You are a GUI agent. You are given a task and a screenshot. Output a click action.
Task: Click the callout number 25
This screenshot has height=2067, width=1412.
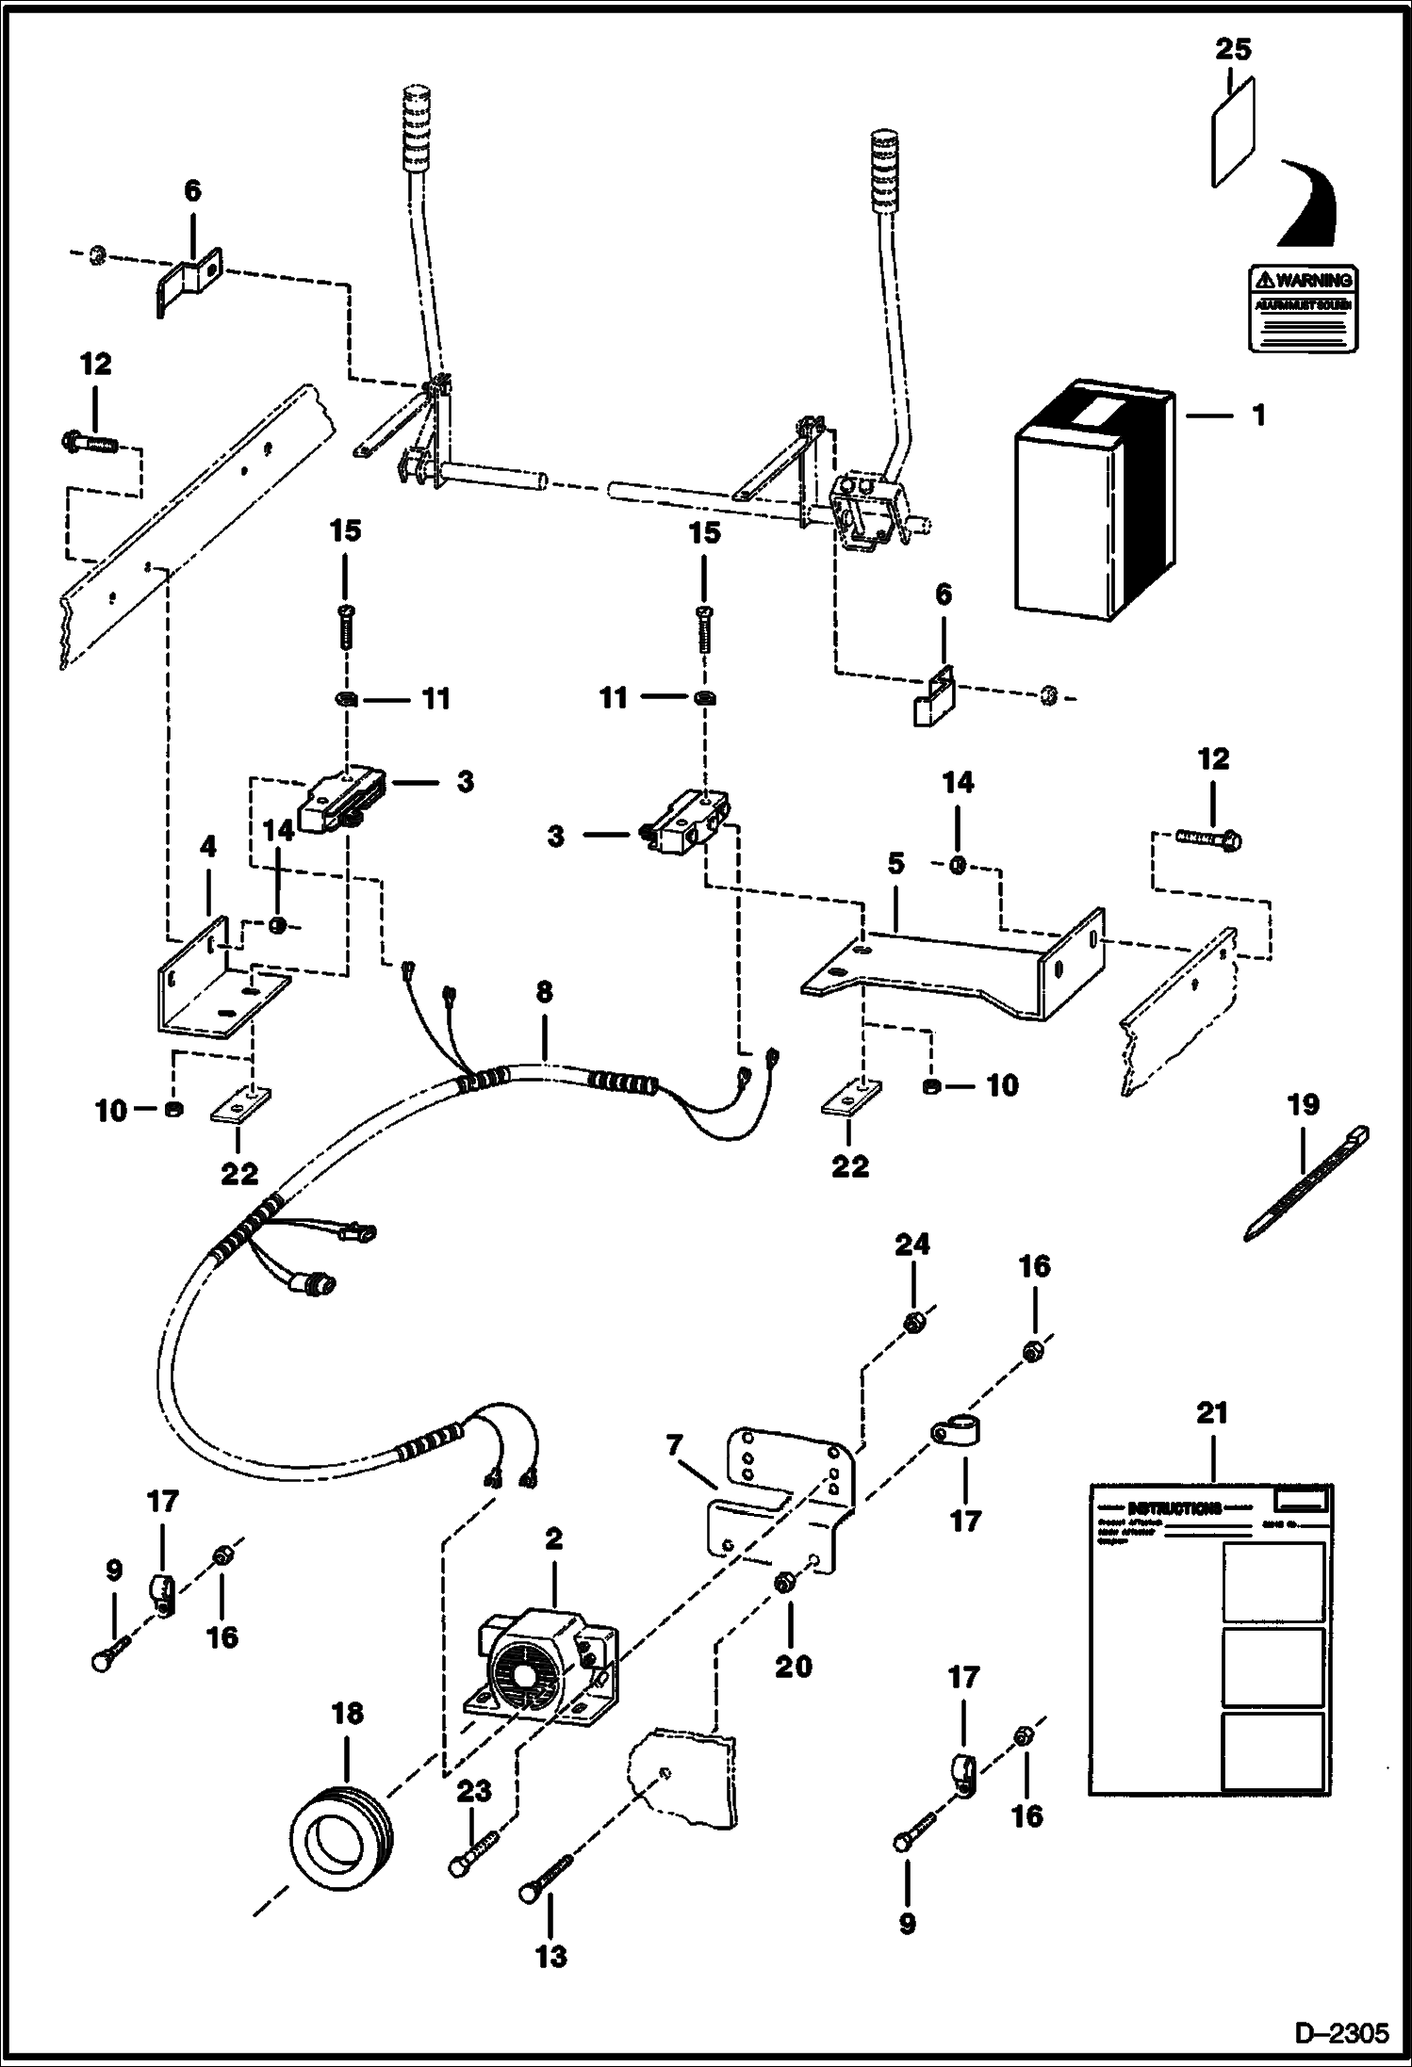(1232, 48)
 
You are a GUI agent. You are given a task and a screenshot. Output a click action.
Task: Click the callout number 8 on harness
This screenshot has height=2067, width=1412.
(544, 991)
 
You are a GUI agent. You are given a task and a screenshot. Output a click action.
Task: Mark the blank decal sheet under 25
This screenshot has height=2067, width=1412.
(1232, 132)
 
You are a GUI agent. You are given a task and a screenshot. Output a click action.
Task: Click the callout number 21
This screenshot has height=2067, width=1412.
(1212, 1439)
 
